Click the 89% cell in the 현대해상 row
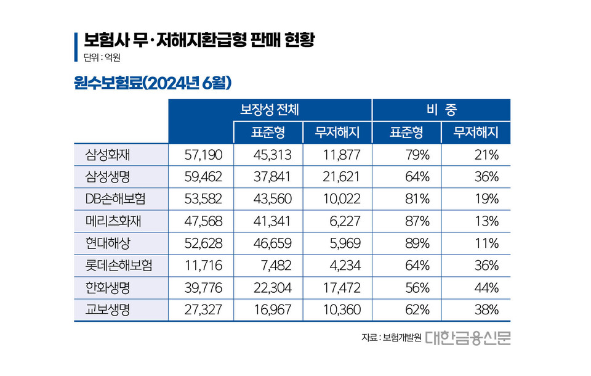417,243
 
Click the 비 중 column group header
441,110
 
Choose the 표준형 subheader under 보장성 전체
268,132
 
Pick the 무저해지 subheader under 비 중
475,132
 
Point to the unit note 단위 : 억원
102,59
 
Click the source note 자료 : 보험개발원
391,338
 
